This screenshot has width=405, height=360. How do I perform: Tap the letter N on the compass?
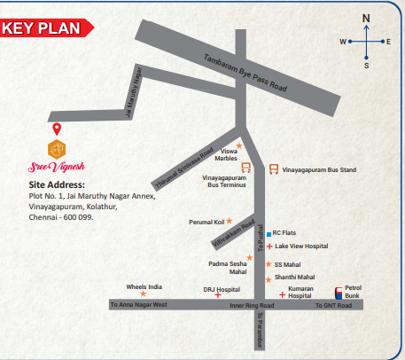point(366,18)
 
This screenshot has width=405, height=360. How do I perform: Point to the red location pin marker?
point(58,129)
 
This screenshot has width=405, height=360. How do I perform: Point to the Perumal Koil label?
point(206,222)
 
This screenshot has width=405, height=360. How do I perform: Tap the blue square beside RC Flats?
point(269,234)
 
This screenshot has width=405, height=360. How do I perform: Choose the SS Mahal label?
point(289,264)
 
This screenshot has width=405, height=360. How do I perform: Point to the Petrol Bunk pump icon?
point(338,292)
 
